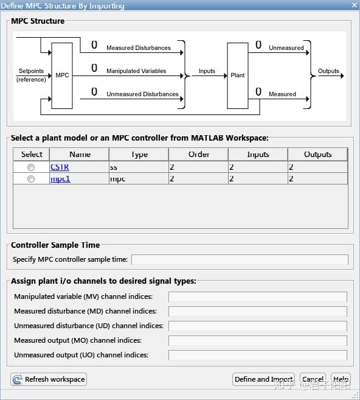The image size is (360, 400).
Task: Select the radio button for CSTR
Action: [x=30, y=167]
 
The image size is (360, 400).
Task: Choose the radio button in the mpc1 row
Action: [x=30, y=179]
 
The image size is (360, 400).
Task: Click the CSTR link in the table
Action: [x=60, y=167]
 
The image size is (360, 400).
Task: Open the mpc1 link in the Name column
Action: [x=60, y=179]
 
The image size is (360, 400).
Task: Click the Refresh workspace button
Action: [x=49, y=379]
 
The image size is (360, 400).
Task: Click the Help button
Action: [x=341, y=379]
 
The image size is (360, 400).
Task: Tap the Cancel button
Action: [x=313, y=379]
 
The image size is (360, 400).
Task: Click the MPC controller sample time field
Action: [x=240, y=259]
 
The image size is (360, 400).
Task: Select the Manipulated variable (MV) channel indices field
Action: [x=257, y=297]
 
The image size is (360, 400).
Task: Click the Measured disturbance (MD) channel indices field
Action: [x=257, y=312]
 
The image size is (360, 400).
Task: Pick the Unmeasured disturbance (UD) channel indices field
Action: [x=257, y=326]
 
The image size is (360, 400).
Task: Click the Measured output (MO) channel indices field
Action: [x=257, y=341]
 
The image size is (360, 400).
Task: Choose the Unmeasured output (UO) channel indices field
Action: [x=257, y=355]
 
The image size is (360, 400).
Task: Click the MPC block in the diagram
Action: [x=62, y=75]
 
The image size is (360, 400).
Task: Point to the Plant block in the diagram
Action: [x=238, y=75]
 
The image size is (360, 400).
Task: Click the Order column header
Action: [x=199, y=155]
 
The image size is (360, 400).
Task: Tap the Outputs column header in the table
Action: [x=317, y=155]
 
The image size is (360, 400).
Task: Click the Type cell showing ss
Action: [x=139, y=167]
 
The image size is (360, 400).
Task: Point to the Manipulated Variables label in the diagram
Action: [x=136, y=71]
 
